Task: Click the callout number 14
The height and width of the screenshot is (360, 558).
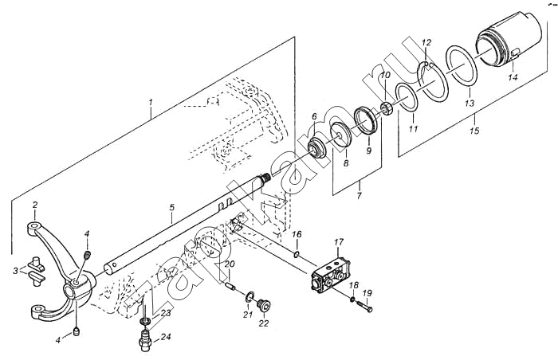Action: [513, 77]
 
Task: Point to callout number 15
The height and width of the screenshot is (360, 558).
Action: [474, 130]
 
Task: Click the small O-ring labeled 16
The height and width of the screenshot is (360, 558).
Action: [295, 256]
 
